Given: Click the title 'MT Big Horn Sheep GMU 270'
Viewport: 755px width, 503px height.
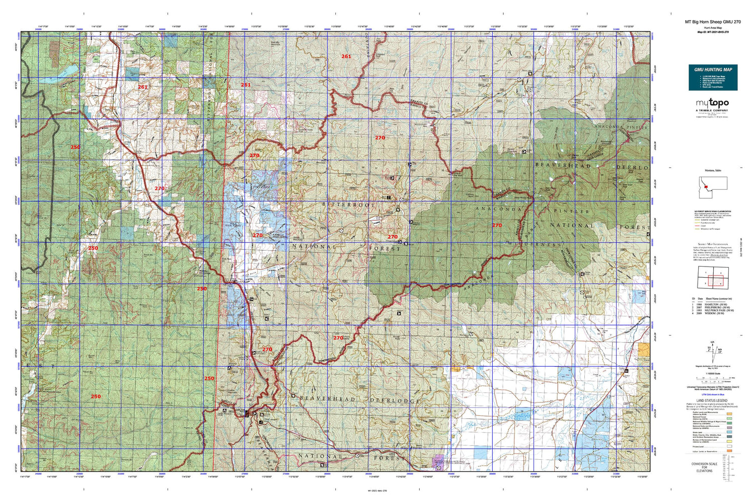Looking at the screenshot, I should tap(713, 22).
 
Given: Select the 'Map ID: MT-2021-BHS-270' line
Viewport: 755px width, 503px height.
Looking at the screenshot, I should tap(713, 32).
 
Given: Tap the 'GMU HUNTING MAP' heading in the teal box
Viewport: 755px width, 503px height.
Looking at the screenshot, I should tap(713, 69).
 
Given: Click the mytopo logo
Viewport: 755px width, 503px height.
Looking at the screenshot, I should tap(712, 104).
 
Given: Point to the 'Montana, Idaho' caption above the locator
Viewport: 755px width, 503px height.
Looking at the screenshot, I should tap(713, 171).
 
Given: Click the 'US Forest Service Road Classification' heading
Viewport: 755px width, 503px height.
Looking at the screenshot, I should tap(713, 212).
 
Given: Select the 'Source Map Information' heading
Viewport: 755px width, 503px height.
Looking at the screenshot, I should tap(713, 243).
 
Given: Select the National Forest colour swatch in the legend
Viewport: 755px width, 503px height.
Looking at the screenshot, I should tap(730, 416).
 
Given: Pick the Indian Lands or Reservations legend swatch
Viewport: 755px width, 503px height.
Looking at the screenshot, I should tap(730, 452).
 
